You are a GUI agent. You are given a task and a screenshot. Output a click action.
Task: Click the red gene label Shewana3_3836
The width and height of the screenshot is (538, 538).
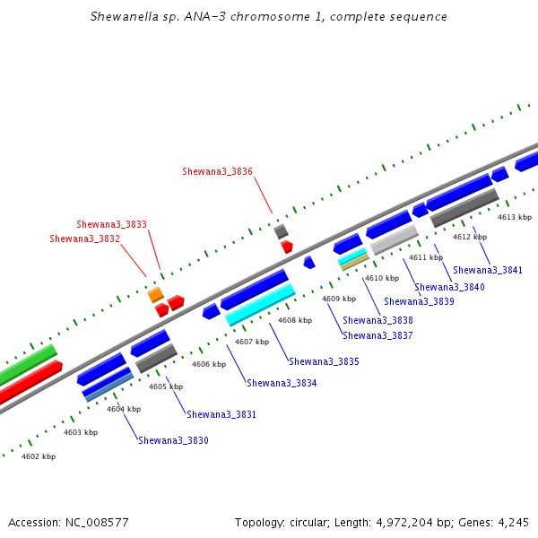217,171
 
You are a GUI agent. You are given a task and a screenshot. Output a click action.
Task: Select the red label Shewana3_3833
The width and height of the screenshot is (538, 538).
111,224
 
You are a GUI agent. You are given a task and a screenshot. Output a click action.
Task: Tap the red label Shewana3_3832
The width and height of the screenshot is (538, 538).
85,239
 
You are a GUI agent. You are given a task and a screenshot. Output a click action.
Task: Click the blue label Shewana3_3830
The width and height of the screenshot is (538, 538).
173,440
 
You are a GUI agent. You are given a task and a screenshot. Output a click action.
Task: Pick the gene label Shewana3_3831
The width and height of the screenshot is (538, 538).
221,414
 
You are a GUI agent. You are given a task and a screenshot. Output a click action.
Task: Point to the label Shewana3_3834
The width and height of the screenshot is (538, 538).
282,383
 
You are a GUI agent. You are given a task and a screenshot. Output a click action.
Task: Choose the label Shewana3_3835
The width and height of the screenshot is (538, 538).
324,361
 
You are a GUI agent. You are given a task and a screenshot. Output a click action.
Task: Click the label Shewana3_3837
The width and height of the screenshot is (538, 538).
377,335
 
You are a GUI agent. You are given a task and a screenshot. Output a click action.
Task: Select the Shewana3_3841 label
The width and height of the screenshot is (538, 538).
488,271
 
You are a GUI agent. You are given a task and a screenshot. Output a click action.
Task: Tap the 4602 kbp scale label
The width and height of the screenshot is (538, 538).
39,456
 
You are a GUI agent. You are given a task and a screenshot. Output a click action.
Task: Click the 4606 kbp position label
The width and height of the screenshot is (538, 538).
209,364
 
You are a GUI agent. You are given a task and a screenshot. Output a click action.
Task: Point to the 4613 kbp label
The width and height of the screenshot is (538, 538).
515,217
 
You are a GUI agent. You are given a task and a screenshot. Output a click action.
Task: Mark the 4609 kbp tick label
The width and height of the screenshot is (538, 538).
339,299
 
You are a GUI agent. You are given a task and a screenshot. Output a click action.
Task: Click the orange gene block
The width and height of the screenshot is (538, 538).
156,295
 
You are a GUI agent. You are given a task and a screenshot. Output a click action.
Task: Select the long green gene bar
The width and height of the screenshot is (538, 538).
28,365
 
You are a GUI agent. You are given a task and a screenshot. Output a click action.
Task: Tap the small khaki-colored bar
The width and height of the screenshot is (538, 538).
355,263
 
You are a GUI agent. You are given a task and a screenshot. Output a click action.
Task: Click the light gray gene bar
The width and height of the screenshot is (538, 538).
395,239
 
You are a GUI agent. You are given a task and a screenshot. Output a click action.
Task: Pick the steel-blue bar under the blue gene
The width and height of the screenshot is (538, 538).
109,387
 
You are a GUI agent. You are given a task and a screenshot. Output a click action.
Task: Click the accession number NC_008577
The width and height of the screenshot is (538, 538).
97,523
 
